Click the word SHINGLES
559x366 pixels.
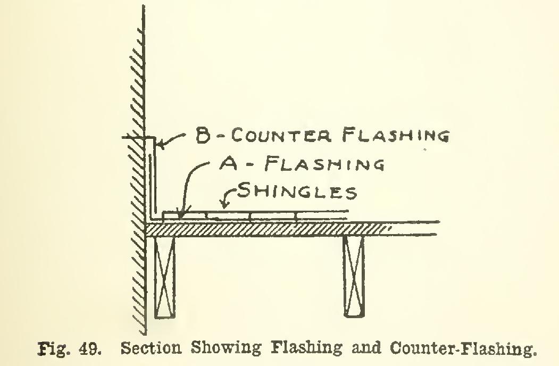click(297, 191)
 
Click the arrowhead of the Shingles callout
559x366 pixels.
click(224, 204)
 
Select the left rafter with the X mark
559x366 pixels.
click(165, 277)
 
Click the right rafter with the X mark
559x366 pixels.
click(354, 277)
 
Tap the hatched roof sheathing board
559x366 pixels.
click(268, 230)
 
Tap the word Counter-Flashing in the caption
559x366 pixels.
click(463, 348)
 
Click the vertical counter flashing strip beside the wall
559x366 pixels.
click(152, 178)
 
